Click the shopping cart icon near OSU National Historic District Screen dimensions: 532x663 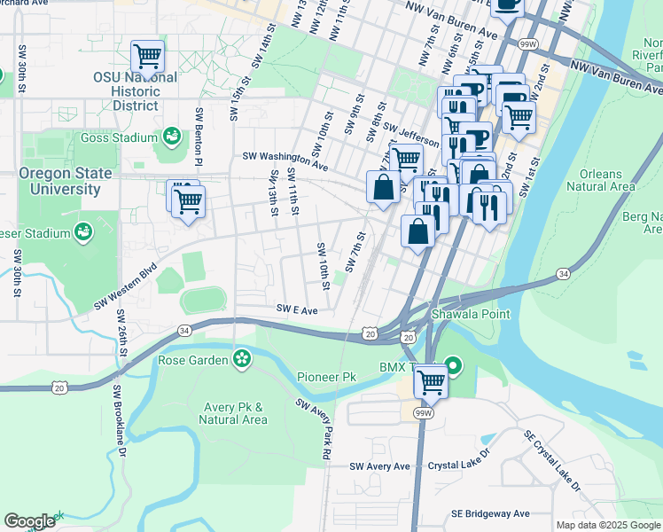(x=147, y=57)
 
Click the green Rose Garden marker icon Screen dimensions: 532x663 (x=240, y=359)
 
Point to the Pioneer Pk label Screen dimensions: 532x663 (x=326, y=377)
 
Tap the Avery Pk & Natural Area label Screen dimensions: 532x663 (x=234, y=414)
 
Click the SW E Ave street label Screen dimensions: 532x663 (x=297, y=309)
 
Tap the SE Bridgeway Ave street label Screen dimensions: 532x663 (x=489, y=513)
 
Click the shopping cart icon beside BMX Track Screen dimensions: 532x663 (x=431, y=382)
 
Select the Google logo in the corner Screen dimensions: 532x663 (x=29, y=521)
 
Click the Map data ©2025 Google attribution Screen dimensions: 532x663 (x=607, y=525)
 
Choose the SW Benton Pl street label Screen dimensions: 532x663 (x=199, y=139)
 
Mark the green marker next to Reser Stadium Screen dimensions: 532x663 (x=83, y=232)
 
